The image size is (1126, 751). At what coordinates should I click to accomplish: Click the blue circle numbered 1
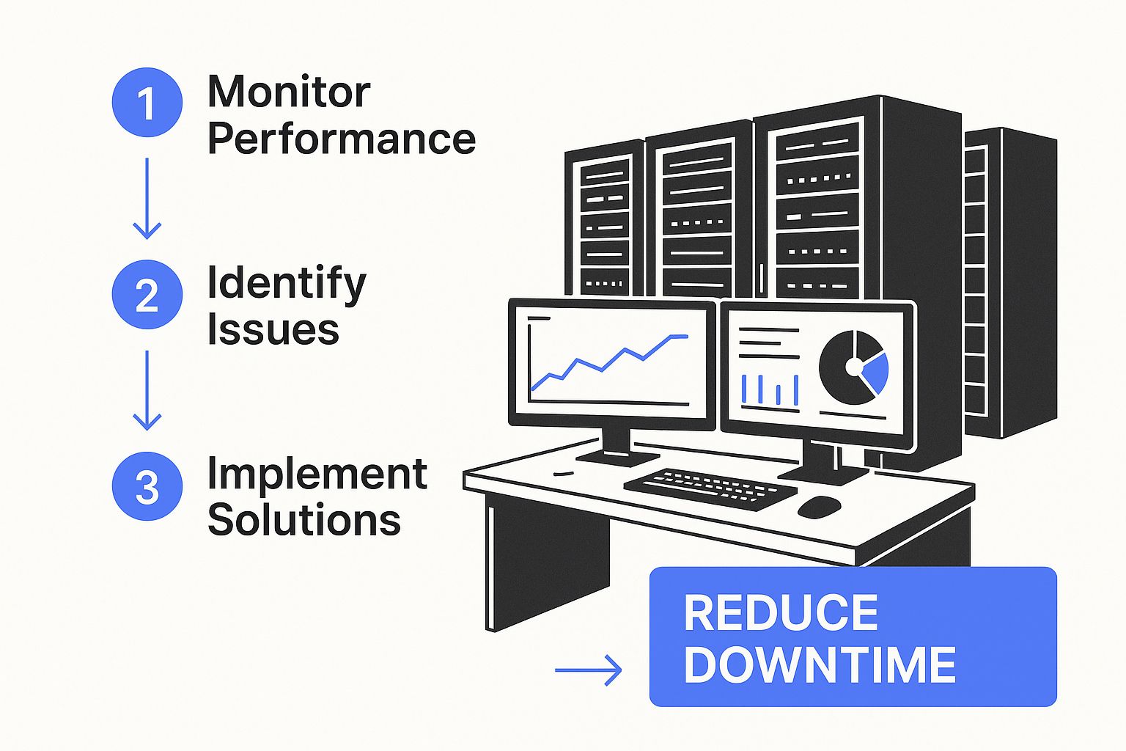point(147,103)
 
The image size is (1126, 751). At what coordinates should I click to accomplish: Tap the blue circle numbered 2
point(147,294)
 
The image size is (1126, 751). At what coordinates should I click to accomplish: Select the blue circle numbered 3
point(147,486)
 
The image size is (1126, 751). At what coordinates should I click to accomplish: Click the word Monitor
point(289,92)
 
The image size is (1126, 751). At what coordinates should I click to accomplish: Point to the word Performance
point(342,139)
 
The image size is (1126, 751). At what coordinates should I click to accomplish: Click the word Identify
point(286,284)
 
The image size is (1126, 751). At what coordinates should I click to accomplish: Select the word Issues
point(273,330)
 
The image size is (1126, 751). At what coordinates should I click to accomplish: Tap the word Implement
point(317,475)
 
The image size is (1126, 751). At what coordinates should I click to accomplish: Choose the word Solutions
point(304,521)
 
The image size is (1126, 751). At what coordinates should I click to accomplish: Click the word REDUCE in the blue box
point(781,613)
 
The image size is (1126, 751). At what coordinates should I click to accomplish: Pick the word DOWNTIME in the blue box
point(820,665)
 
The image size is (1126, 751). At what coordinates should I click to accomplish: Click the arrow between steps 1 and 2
point(147,198)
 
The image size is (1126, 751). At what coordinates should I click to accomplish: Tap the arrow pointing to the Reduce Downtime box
point(588,670)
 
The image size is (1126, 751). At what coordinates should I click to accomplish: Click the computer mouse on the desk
point(819,506)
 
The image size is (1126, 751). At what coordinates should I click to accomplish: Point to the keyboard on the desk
point(709,488)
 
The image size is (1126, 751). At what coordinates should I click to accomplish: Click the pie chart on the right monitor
point(853,367)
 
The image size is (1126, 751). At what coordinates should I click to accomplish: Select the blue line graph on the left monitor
point(608,359)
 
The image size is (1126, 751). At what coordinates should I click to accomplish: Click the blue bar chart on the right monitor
point(770,389)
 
